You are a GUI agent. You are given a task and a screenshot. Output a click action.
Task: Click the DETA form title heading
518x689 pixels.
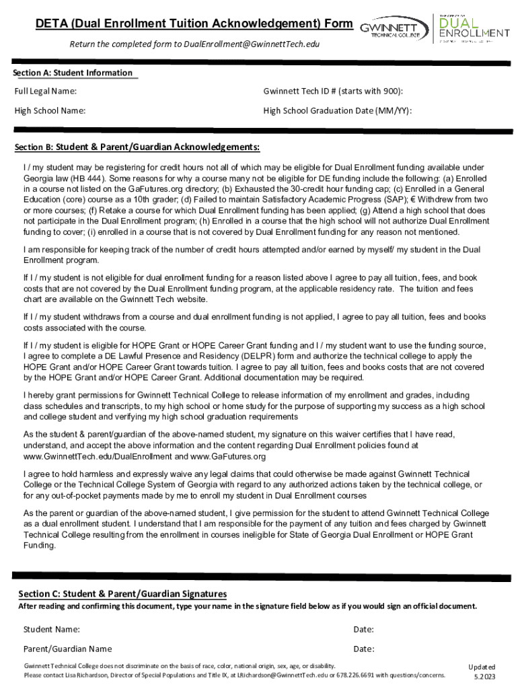point(194,25)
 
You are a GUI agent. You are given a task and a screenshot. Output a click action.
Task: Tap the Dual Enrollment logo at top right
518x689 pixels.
point(474,27)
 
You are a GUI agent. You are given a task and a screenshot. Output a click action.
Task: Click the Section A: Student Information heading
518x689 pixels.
point(74,73)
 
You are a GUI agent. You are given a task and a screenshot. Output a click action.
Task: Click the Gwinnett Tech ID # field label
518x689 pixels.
point(338,91)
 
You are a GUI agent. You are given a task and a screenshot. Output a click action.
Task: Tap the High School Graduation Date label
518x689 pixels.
point(338,110)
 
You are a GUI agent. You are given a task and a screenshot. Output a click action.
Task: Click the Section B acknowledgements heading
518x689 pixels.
point(137,147)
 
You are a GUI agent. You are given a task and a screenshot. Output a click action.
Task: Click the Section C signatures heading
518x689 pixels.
point(122,593)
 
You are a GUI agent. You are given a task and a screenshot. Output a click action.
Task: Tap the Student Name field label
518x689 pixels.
point(52,629)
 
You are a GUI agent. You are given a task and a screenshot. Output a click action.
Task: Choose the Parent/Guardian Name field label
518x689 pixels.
point(67,649)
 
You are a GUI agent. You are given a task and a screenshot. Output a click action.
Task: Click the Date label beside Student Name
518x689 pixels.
point(364,629)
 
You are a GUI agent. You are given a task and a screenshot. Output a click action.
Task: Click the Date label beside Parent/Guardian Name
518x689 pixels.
point(364,649)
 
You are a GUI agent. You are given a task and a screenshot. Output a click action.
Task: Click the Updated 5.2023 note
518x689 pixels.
point(482,671)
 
